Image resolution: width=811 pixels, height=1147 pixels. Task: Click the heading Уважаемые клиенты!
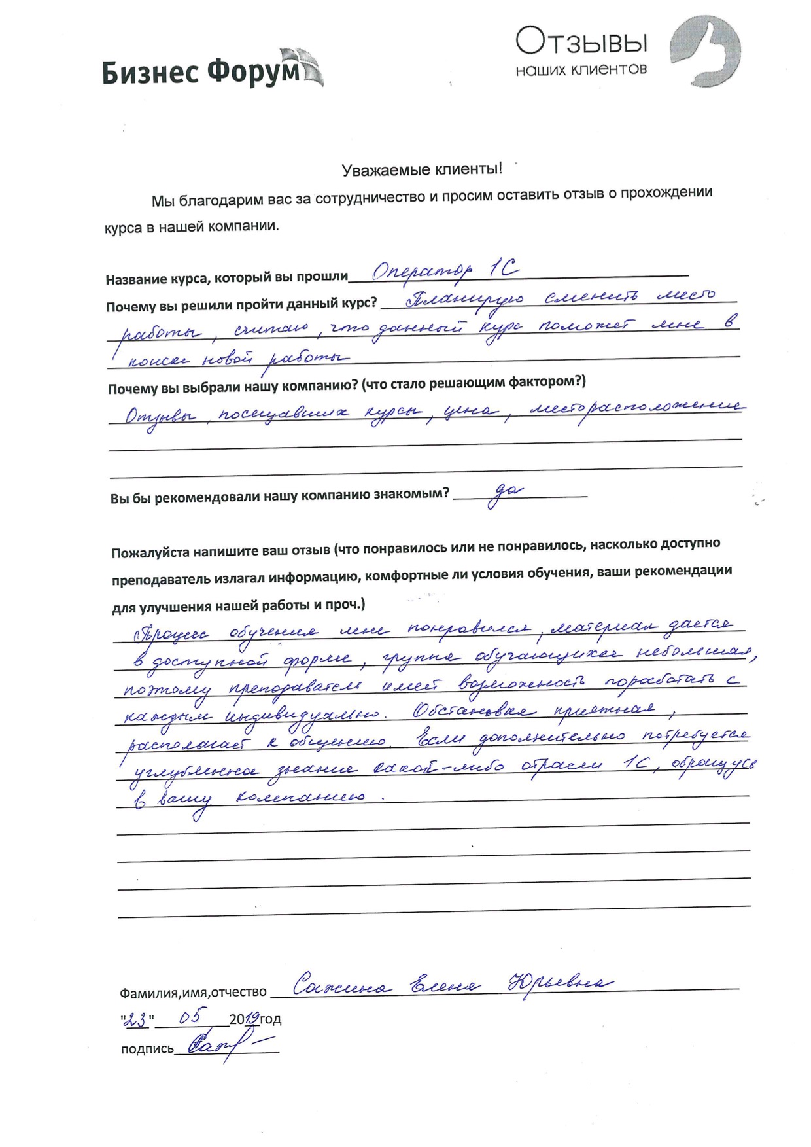click(422, 170)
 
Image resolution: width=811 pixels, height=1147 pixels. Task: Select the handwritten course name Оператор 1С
click(445, 270)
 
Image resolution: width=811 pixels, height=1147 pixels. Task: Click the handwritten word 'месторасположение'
click(635, 409)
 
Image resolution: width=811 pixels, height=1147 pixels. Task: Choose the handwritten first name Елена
click(444, 985)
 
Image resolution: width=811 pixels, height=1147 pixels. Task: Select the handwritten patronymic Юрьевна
click(560, 984)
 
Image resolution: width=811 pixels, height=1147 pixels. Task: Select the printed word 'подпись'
click(147, 1049)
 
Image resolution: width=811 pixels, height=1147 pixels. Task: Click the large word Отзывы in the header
click(581, 43)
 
